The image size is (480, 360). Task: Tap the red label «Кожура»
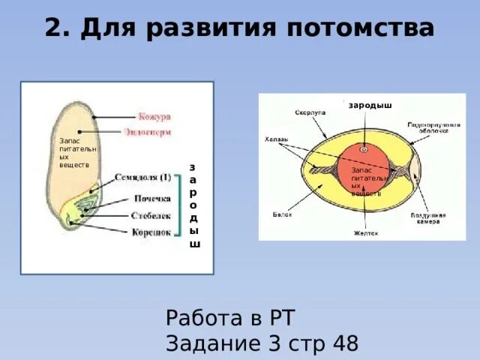pyautogui.click(x=154, y=117)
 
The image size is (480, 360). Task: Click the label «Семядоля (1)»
pyautogui.click(x=143, y=178)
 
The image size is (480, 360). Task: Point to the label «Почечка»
pyautogui.click(x=152, y=199)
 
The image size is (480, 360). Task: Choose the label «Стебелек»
pyautogui.click(x=151, y=215)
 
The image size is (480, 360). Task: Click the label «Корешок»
pyautogui.click(x=151, y=232)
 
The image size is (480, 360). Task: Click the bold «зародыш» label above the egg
pyautogui.click(x=370, y=105)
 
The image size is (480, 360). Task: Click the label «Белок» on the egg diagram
pyautogui.click(x=282, y=214)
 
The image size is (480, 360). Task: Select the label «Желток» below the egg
pyautogui.click(x=366, y=233)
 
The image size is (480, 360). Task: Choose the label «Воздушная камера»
pyautogui.click(x=428, y=218)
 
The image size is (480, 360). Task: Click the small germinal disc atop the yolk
pyautogui.click(x=364, y=149)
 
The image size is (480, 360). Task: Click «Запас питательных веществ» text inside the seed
pyautogui.click(x=73, y=153)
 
